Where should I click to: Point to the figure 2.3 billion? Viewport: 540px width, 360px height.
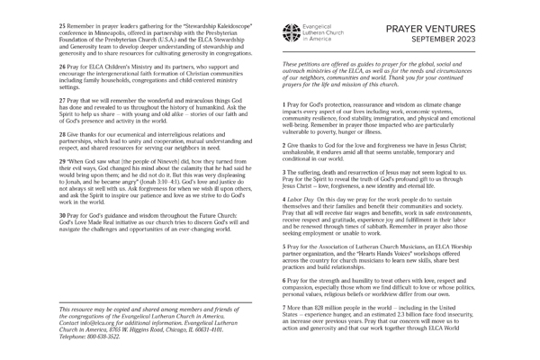(x=391, y=315)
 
